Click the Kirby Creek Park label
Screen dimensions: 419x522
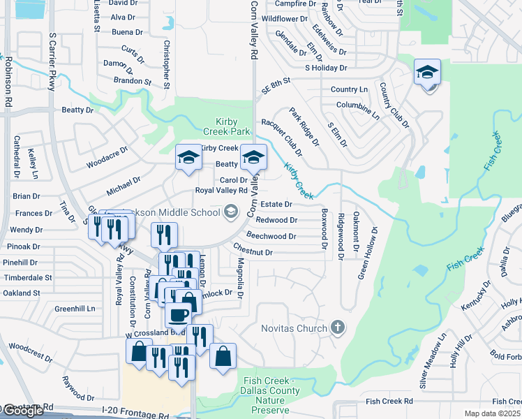coord(226,126)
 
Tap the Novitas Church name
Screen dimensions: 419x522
coord(293,328)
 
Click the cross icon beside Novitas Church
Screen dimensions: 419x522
coord(338,328)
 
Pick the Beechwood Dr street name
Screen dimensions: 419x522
coord(271,236)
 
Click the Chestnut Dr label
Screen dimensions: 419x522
coord(253,251)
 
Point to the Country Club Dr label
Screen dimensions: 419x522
coord(394,105)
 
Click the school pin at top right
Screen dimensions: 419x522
coord(427,72)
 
